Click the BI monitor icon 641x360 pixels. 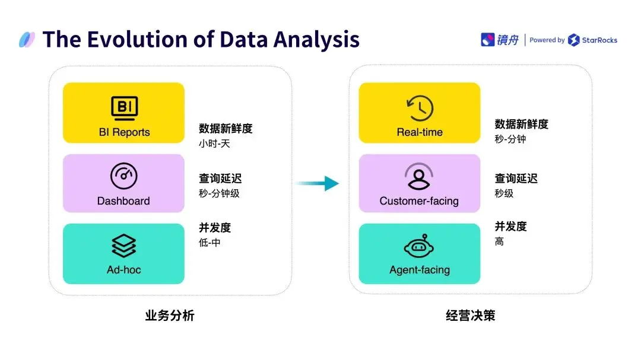click(x=124, y=108)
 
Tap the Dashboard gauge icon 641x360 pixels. click(x=123, y=176)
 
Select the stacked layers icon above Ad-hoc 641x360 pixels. click(x=123, y=246)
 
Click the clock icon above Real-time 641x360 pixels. click(x=420, y=108)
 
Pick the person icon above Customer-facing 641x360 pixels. click(x=419, y=176)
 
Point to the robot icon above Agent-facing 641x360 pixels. click(x=419, y=246)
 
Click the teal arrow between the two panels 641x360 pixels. click(x=317, y=183)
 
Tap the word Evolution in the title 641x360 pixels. click(x=137, y=39)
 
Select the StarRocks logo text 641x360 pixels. click(x=599, y=40)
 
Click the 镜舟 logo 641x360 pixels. click(x=500, y=40)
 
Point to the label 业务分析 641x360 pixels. click(x=170, y=316)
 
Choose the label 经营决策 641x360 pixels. click(x=471, y=316)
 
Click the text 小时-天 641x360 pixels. click(x=214, y=144)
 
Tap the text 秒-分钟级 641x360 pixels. click(x=219, y=193)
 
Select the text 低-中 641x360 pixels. click(x=210, y=243)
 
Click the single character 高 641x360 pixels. click(x=499, y=241)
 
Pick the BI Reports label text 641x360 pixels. click(x=124, y=132)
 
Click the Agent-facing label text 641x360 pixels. click(x=420, y=270)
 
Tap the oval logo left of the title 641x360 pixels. click(x=27, y=40)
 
